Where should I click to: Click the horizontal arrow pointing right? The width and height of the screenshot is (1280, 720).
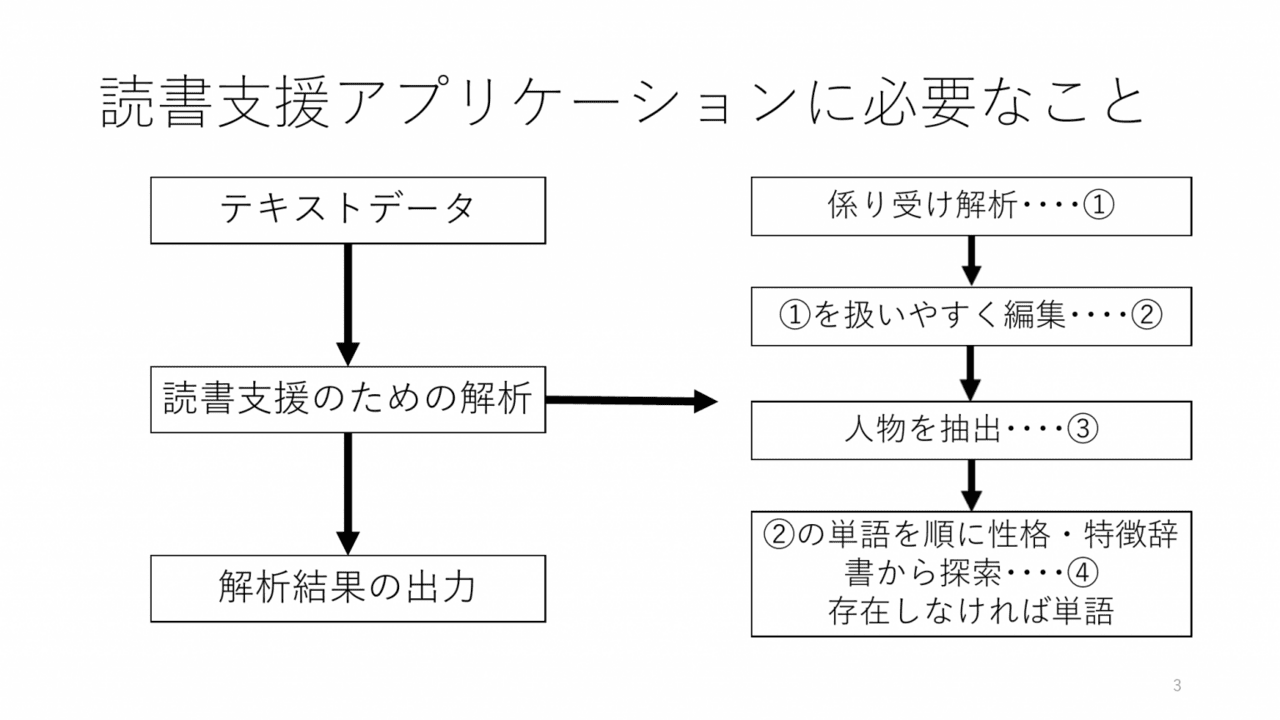pos(631,401)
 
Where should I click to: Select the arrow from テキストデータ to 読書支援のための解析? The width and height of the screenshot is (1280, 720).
pos(348,305)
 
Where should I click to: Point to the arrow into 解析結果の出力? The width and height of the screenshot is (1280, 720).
pos(348,494)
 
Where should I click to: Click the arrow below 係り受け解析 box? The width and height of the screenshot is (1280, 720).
pos(971,261)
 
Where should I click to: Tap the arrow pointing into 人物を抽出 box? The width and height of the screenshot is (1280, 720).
pos(970,373)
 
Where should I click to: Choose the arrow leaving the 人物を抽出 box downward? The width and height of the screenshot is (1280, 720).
pos(971,485)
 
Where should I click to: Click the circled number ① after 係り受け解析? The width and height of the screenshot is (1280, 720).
pos(1098,205)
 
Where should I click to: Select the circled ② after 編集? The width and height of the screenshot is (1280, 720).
pos(1146,315)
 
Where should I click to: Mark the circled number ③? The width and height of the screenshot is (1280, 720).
pos(1082,429)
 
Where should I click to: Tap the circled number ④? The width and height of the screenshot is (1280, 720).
pos(1082,573)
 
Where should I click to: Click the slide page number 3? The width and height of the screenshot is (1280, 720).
pos(1177,685)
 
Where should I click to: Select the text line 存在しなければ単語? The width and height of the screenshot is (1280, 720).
pos(971,611)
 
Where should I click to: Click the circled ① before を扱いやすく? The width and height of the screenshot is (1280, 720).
pos(795,315)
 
